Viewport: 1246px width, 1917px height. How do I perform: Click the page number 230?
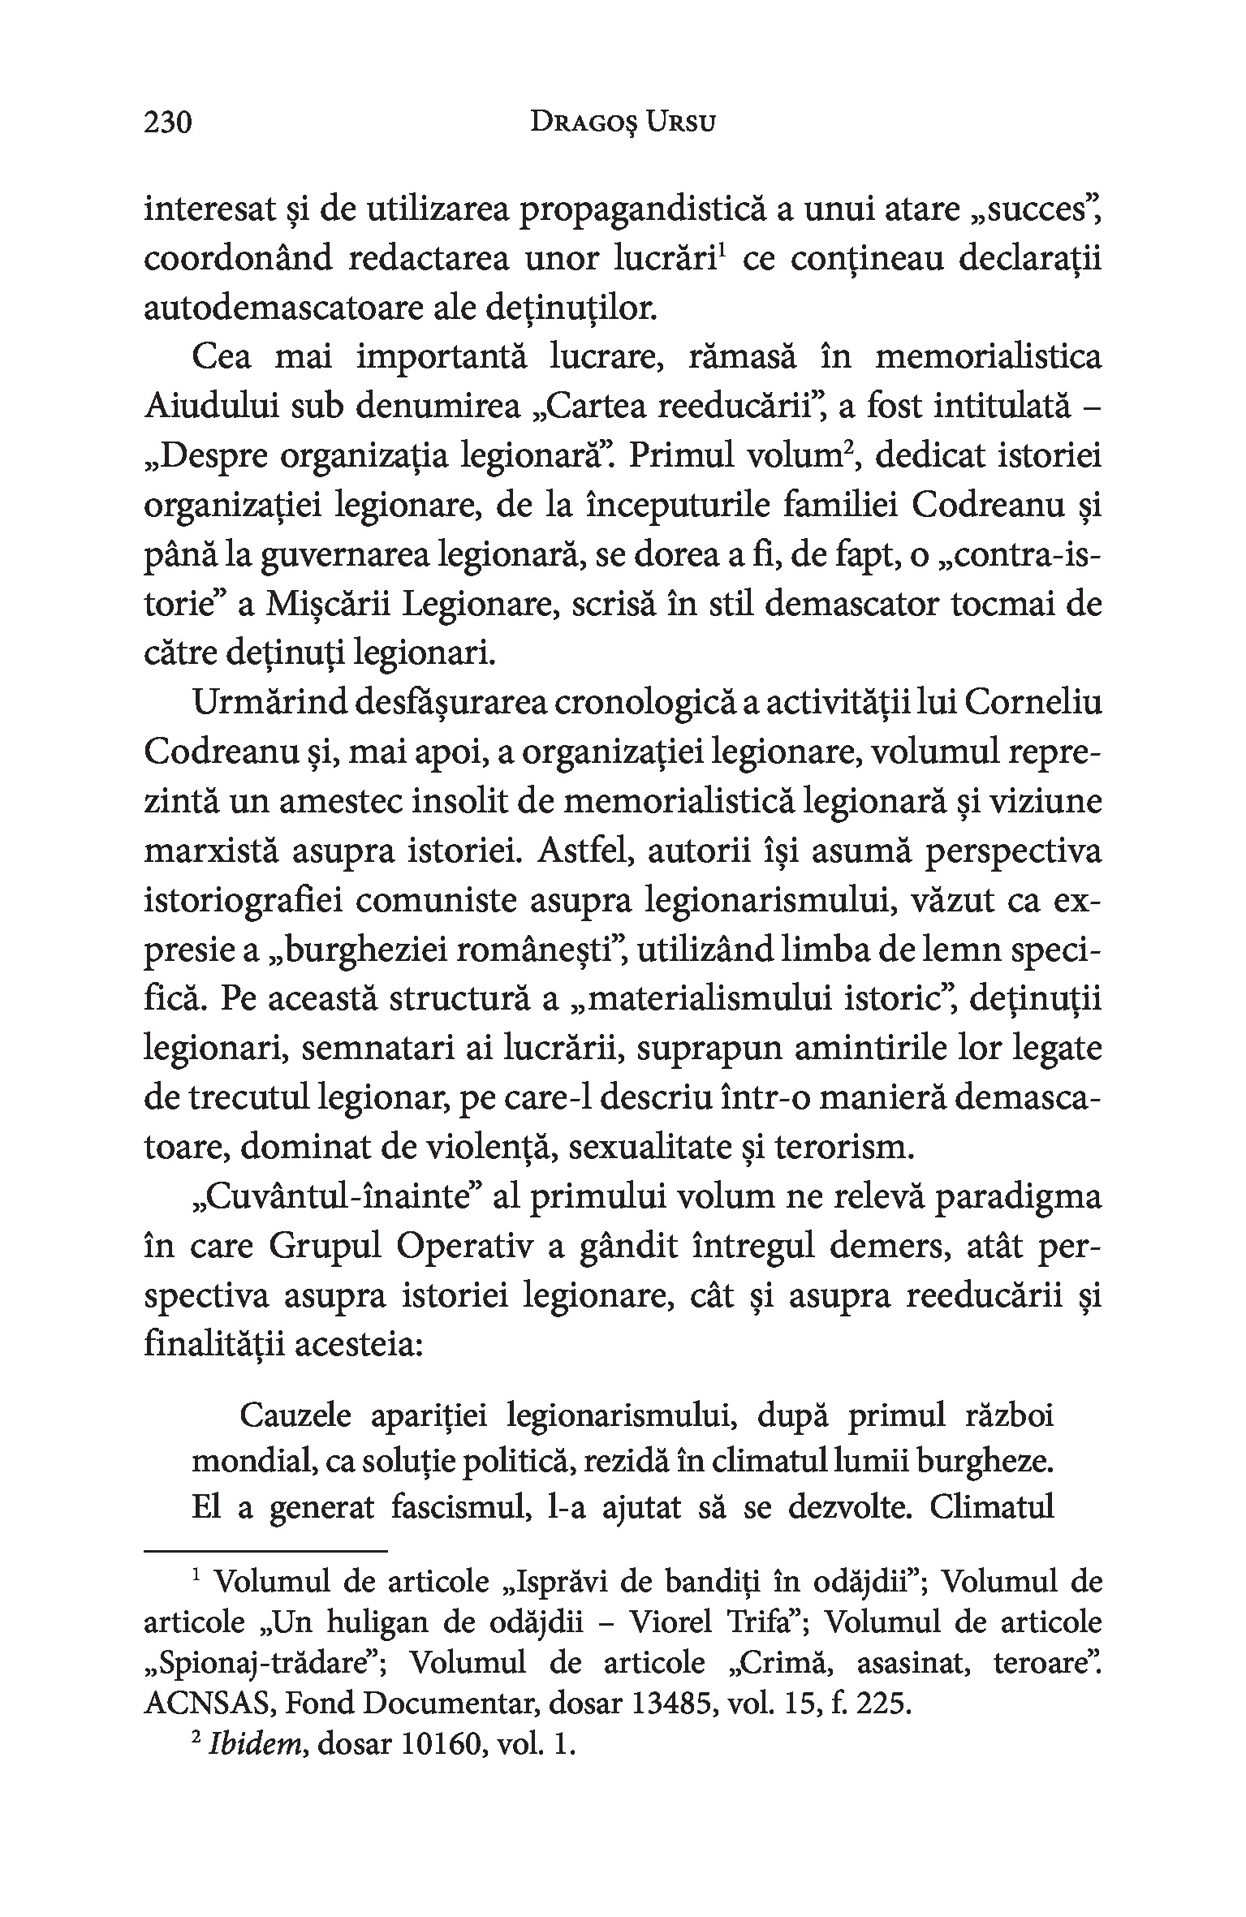[168, 123]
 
